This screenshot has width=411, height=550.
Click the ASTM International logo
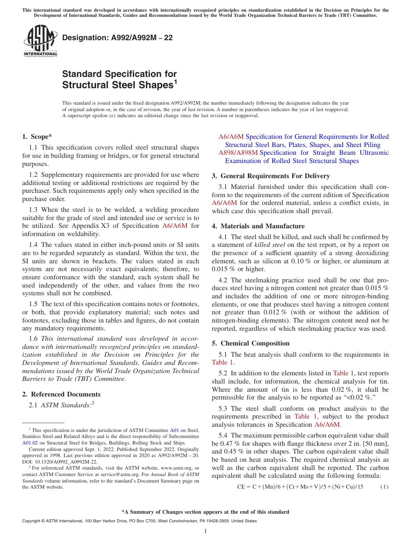click(x=40, y=42)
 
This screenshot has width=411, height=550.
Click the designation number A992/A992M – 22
click(x=117, y=38)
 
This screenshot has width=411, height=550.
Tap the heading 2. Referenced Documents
click(x=61, y=394)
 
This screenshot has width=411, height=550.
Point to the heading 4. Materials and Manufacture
click(x=258, y=226)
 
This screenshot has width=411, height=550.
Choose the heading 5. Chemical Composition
click(x=250, y=343)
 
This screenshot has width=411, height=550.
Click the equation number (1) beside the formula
click(x=384, y=487)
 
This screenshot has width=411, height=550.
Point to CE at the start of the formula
click(x=241, y=487)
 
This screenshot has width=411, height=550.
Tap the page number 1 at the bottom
click(x=205, y=531)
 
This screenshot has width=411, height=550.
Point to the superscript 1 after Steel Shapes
click(x=176, y=81)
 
